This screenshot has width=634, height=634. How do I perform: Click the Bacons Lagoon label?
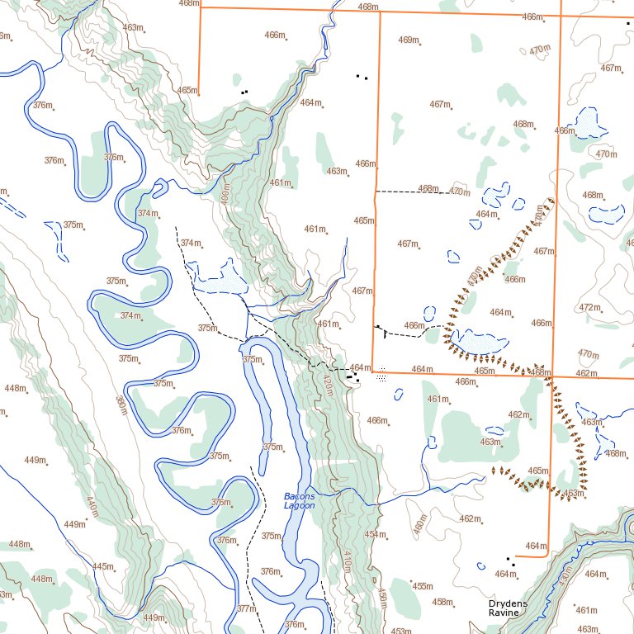click(299, 500)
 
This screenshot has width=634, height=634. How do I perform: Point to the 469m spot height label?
click(408, 40)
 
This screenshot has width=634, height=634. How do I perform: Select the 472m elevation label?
click(589, 307)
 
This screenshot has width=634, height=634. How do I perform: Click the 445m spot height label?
click(102, 566)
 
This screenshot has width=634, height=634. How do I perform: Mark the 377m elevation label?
click(246, 608)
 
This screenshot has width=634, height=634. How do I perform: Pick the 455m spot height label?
click(422, 586)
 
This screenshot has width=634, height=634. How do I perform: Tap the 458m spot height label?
click(442, 602)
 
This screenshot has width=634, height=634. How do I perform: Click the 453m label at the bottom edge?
click(401, 632)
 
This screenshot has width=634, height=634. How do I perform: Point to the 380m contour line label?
click(121, 406)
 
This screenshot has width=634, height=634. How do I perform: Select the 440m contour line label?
click(92, 506)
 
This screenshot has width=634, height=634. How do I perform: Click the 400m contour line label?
click(225, 196)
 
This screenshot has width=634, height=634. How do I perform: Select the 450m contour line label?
click(382, 599)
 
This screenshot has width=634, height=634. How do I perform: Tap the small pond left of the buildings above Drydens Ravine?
click(480, 566)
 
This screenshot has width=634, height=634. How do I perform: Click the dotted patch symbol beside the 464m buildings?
click(381, 377)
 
